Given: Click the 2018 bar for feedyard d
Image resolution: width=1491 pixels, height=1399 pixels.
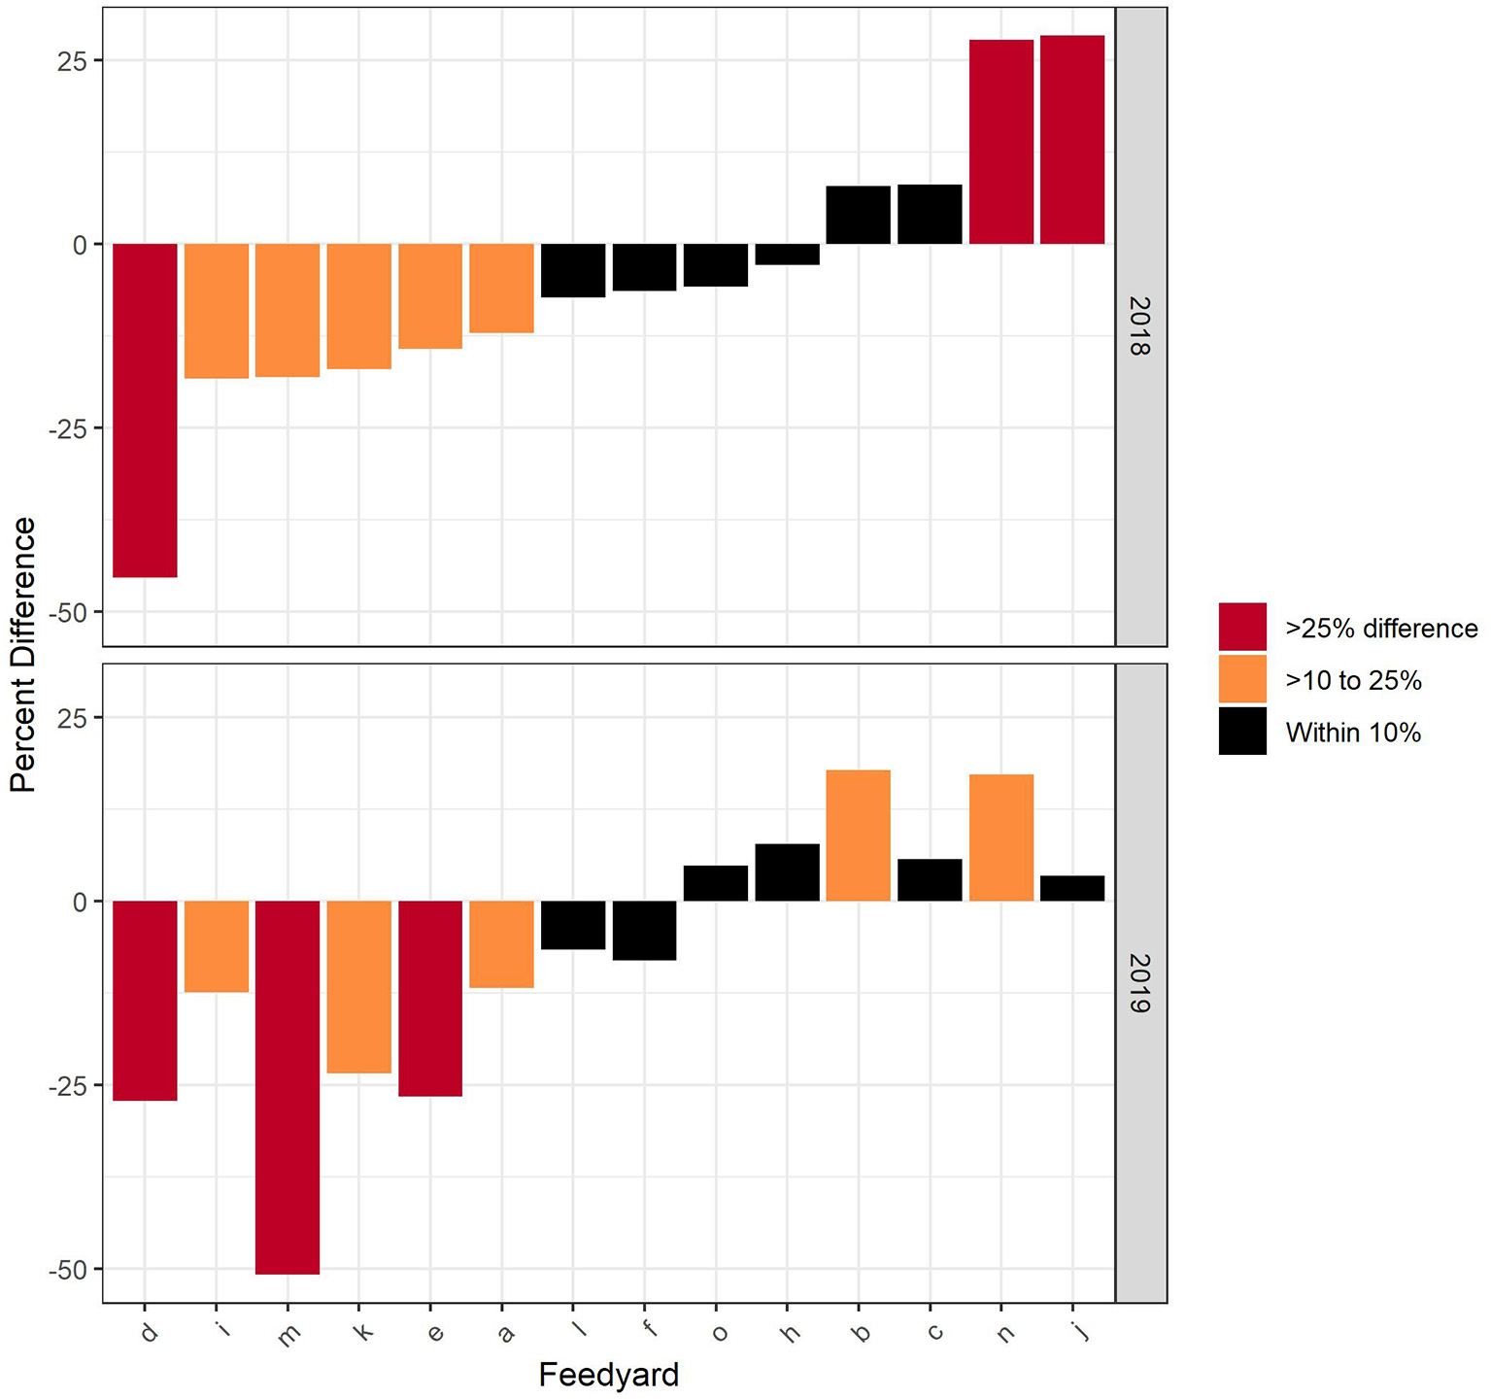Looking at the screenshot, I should click(x=145, y=410).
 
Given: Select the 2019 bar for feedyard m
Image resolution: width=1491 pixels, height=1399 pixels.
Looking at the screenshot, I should click(x=288, y=1086).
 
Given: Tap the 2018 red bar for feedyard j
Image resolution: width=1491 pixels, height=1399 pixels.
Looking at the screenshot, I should click(x=1072, y=140).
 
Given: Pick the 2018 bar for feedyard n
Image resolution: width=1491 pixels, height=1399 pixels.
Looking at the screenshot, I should click(x=1000, y=142).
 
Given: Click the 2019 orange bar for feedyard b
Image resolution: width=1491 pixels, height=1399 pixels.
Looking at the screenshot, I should click(x=858, y=836).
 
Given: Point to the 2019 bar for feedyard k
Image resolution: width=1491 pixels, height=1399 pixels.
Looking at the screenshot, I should click(x=359, y=986).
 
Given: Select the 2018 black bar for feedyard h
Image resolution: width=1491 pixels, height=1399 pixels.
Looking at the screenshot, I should click(x=787, y=255).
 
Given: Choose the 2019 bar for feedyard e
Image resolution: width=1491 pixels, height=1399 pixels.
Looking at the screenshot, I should click(x=430, y=998).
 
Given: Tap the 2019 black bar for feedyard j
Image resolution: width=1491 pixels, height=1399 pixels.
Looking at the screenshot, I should click(x=1072, y=889).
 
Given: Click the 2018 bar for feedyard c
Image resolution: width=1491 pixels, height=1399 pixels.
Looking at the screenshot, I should click(x=930, y=215).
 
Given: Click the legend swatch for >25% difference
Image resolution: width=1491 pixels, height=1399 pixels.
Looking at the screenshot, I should click(x=1242, y=627).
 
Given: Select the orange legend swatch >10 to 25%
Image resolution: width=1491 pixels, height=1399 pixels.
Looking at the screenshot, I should click(x=1242, y=679).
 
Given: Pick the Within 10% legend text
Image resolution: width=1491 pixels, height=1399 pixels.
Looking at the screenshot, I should click(x=1352, y=733).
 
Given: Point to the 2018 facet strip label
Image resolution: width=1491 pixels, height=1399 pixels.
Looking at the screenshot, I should click(x=1140, y=326).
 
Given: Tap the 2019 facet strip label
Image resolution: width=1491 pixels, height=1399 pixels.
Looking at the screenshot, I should click(x=1140, y=983).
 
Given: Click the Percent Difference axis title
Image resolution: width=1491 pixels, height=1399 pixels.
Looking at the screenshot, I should click(x=22, y=654).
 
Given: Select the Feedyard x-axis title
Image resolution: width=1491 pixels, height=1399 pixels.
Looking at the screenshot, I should click(x=608, y=1375).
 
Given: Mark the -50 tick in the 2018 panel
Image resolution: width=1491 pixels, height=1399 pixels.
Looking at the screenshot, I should click(x=67, y=612).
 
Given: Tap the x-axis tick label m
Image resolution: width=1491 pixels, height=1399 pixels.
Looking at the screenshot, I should click(x=288, y=1336).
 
